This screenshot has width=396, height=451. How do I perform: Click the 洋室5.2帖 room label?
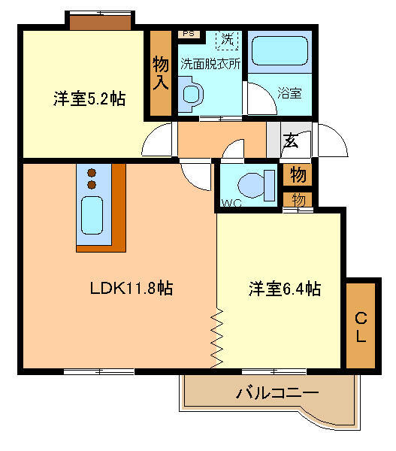89,98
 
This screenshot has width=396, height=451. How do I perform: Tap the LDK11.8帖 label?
131,288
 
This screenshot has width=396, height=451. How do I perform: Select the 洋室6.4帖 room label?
285,289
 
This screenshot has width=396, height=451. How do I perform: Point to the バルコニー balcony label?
277,392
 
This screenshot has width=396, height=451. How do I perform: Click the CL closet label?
361,327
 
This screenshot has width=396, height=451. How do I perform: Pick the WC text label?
231,203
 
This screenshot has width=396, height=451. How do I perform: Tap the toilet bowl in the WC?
252,185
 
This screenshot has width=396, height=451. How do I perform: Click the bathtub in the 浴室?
280,50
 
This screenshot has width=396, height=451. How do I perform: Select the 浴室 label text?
289,93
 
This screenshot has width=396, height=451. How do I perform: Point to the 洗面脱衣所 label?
210,64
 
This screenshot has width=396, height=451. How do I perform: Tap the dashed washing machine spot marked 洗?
227,40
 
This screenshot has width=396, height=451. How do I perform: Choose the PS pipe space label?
189,34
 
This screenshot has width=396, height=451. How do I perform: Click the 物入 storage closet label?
161,73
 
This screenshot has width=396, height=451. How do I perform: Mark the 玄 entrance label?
291,141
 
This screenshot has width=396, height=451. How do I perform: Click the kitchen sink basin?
92,215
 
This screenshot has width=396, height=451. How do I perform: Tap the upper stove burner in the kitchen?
92,173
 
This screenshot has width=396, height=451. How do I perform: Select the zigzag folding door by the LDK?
217,338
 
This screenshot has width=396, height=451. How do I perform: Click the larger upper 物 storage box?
298,174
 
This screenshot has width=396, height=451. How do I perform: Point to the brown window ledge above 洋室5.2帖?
101,23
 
